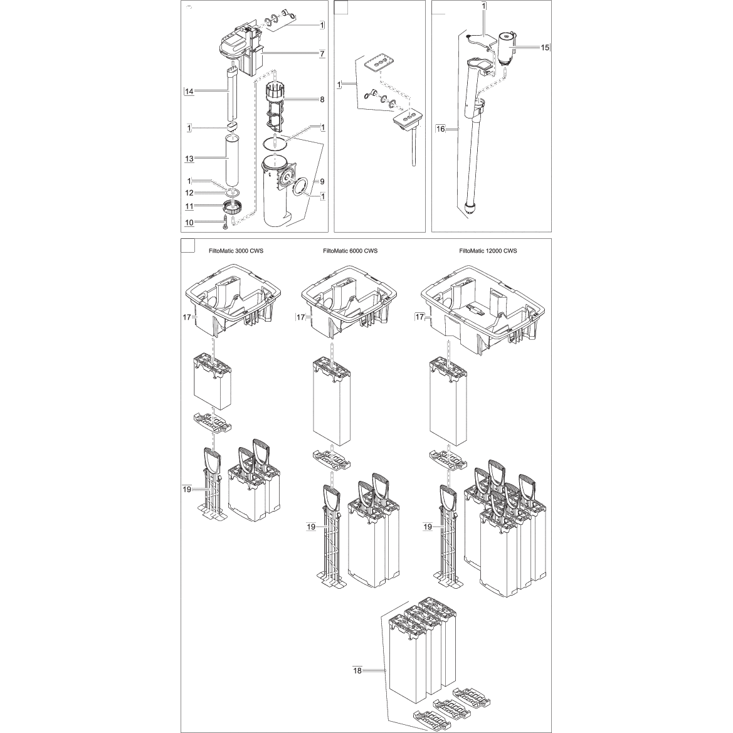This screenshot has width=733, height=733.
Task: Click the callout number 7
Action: [x=322, y=54]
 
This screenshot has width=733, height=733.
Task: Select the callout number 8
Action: [x=322, y=99]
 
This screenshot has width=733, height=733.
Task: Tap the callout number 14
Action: [x=189, y=92]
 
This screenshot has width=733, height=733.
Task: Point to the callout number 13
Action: [x=189, y=159]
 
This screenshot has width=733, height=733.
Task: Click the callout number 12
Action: [x=189, y=192]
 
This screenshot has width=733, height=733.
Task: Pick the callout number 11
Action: [x=189, y=205]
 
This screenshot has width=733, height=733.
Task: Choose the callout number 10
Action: [x=189, y=222]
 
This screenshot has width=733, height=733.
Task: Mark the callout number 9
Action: [x=322, y=181]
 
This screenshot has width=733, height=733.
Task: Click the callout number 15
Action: [x=545, y=47]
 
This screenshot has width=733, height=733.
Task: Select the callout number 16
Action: [x=441, y=129]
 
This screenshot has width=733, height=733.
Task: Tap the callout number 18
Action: [x=357, y=670]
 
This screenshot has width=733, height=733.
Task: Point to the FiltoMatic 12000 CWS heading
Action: [x=488, y=251]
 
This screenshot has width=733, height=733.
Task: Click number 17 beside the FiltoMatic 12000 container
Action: [x=419, y=318]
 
